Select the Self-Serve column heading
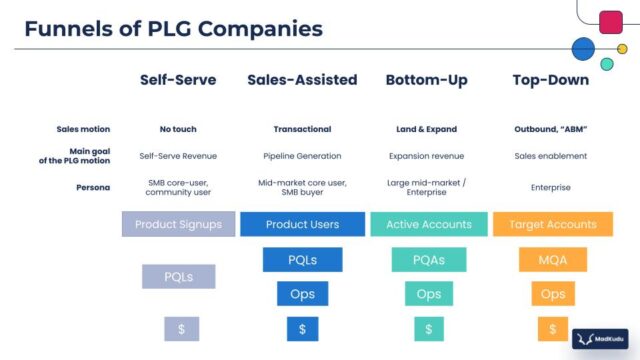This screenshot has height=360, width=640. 178,80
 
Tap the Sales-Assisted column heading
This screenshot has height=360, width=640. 302,80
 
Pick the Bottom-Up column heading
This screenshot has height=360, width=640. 428,80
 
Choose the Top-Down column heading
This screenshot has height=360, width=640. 550,80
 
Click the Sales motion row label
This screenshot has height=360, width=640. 84,129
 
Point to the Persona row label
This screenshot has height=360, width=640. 93,187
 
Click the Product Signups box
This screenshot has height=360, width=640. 178,225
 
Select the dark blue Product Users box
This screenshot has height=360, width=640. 302,225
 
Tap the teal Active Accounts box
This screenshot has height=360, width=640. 428,225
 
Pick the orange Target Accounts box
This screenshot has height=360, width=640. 551,225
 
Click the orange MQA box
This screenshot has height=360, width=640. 552,261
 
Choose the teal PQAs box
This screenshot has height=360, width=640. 428,261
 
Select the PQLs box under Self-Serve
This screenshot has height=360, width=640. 178,276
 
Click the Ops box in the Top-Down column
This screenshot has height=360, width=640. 552,294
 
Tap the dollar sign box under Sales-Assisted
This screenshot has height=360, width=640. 302,328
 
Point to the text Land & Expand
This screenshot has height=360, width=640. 428,129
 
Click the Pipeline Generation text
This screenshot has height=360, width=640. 302,156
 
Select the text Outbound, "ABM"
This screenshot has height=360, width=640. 550,129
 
